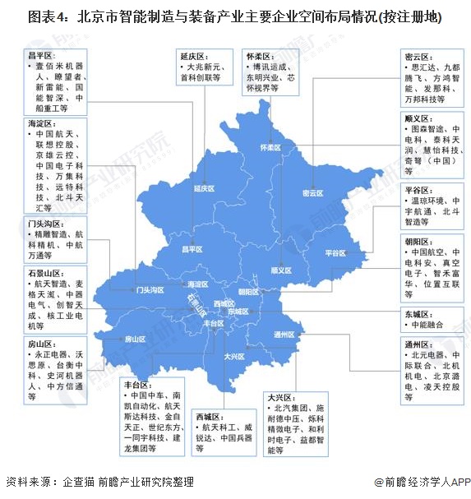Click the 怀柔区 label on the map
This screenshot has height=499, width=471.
coord(270,147)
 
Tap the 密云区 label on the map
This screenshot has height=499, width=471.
coord(313,193)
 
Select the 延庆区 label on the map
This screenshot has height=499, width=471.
coord(205,188)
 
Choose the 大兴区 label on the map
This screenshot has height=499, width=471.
coord(235,356)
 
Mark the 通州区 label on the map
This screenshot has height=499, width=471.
coord(284,334)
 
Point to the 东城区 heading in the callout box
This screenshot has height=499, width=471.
coord(418,312)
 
